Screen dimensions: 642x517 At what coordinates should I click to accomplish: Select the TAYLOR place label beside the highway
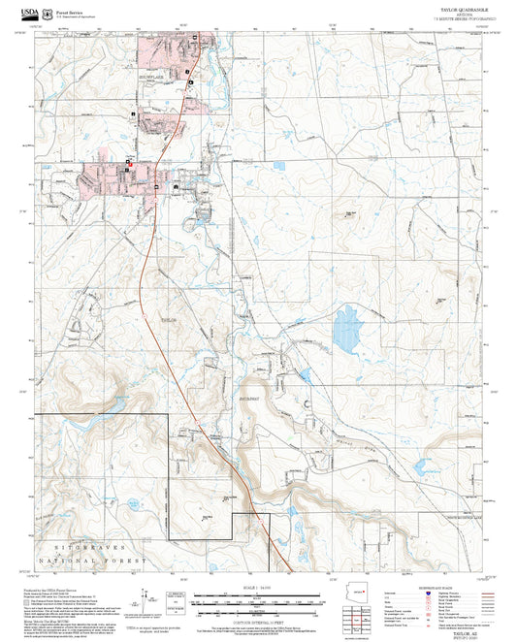[x=169, y=317]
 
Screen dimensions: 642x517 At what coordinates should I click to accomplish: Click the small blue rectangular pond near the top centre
[x=280, y=165]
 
